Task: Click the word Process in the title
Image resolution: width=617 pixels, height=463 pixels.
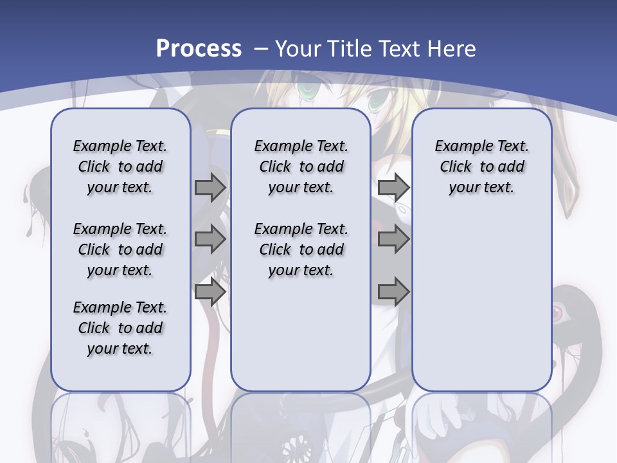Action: coord(199,49)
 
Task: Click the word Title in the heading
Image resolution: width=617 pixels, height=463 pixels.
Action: coord(351,49)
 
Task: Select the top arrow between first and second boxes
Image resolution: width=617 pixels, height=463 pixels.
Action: coord(210,187)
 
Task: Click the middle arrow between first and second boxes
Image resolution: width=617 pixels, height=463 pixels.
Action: coord(210,239)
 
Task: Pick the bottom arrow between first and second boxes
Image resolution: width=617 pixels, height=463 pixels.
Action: coord(210,292)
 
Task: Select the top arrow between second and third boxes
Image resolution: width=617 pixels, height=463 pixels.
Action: coord(393,187)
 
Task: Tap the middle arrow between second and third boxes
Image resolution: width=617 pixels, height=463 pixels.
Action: coord(393,239)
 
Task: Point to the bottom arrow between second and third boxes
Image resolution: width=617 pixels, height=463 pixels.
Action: coord(393,292)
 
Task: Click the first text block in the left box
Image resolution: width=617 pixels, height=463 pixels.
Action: coord(120,167)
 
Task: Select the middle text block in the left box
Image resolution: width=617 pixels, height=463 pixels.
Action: coord(120,250)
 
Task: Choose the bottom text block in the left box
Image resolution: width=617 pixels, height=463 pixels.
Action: coord(120,328)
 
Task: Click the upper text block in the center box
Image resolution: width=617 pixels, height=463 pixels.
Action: coord(301,167)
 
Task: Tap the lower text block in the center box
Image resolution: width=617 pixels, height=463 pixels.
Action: coord(301,250)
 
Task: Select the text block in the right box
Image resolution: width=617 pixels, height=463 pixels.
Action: coord(482,167)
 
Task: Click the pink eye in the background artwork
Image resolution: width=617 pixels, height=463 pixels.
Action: coord(557,313)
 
